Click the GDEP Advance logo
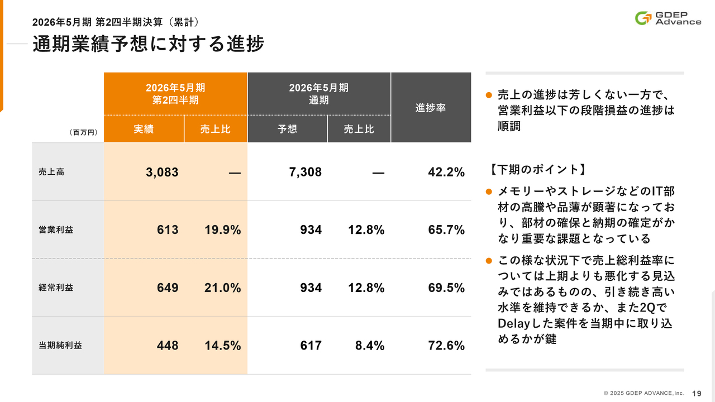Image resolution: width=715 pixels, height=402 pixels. (668, 18)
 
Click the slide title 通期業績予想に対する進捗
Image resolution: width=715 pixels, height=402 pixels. (148, 44)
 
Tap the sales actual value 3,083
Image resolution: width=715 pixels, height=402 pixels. (162, 172)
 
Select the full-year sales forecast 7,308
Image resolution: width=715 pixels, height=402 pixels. (306, 172)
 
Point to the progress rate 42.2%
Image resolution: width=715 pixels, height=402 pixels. (446, 172)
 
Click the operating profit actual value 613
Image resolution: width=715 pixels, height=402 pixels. (168, 229)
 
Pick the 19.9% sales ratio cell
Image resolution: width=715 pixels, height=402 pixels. (222, 229)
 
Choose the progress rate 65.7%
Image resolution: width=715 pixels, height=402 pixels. (446, 229)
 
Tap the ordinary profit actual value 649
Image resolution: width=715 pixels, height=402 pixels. (168, 288)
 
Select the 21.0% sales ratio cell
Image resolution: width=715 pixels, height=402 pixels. (222, 288)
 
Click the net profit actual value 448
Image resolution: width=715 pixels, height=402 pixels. (168, 346)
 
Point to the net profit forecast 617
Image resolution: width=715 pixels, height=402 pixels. (311, 346)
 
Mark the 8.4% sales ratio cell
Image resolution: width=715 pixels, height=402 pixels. (370, 346)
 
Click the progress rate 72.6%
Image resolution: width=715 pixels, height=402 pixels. (446, 346)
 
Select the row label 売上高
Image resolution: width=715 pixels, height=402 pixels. (51, 172)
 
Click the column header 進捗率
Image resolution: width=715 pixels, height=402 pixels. (431, 108)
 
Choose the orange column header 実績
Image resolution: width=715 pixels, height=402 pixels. (144, 129)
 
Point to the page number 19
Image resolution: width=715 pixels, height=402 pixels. (697, 393)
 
